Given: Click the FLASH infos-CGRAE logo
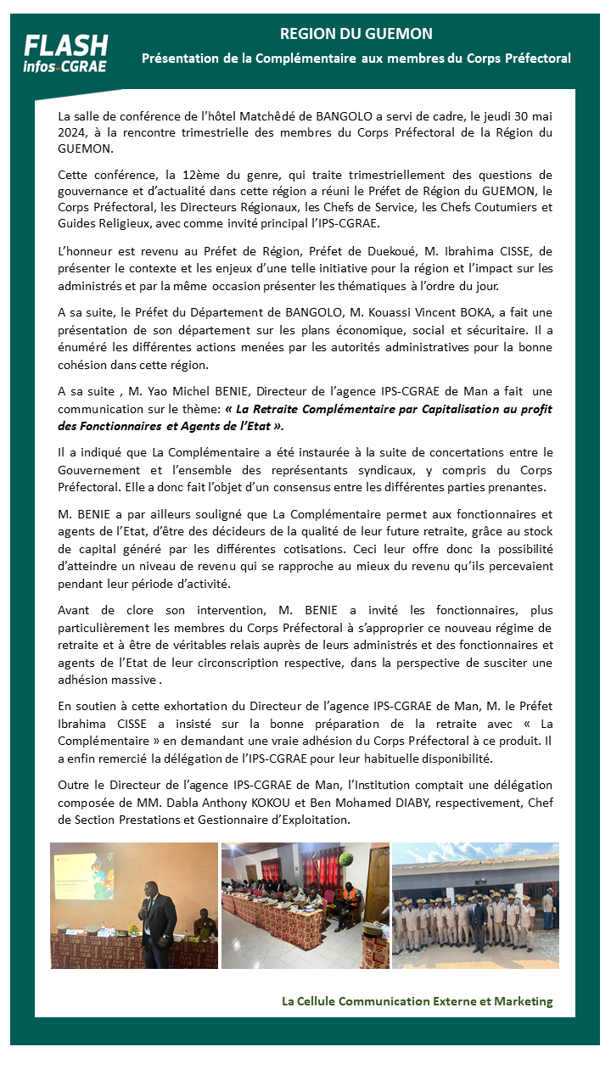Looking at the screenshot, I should point(65,53).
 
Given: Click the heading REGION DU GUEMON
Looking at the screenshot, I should point(356,34).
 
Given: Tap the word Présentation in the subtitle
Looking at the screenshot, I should point(180,59).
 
